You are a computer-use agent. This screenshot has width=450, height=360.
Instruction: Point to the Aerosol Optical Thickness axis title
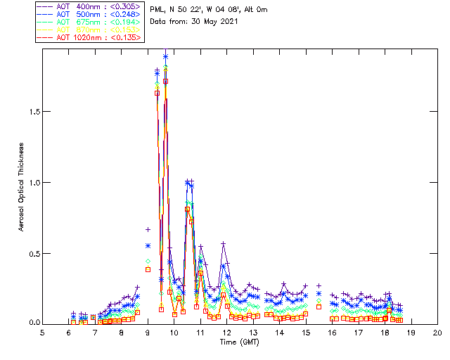click(22, 187)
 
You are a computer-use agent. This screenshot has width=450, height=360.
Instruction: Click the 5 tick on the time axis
click(43, 332)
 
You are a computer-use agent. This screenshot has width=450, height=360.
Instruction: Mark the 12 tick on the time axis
click(227, 332)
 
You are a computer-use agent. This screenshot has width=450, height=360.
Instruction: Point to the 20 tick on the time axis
click(437, 332)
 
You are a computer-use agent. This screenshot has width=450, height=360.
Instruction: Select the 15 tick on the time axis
click(306, 332)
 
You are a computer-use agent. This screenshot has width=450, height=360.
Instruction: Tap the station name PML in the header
click(157, 9)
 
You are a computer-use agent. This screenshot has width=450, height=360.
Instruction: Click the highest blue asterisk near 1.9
click(166, 56)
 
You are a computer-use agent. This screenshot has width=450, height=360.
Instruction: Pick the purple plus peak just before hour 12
click(224, 243)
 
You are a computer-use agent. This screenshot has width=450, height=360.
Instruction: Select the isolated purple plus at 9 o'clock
click(148, 229)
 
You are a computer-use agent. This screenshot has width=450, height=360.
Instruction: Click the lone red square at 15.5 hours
click(319, 307)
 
